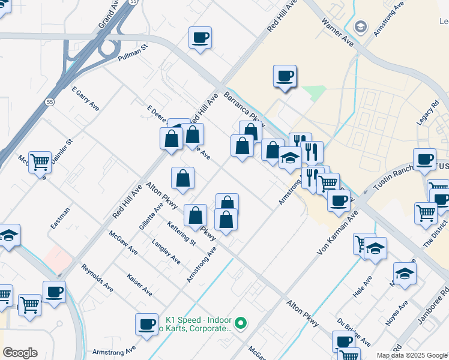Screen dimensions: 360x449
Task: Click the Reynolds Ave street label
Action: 97,277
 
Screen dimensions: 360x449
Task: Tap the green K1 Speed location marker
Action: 241,323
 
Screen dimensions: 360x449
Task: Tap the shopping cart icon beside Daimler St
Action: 40,161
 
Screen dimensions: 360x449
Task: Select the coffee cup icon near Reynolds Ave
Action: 54,292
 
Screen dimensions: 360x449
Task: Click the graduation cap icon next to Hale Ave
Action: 376,248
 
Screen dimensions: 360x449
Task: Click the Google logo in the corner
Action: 20,353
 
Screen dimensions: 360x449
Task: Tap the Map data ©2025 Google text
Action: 411,355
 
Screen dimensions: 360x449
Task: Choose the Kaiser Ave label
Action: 139,284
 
